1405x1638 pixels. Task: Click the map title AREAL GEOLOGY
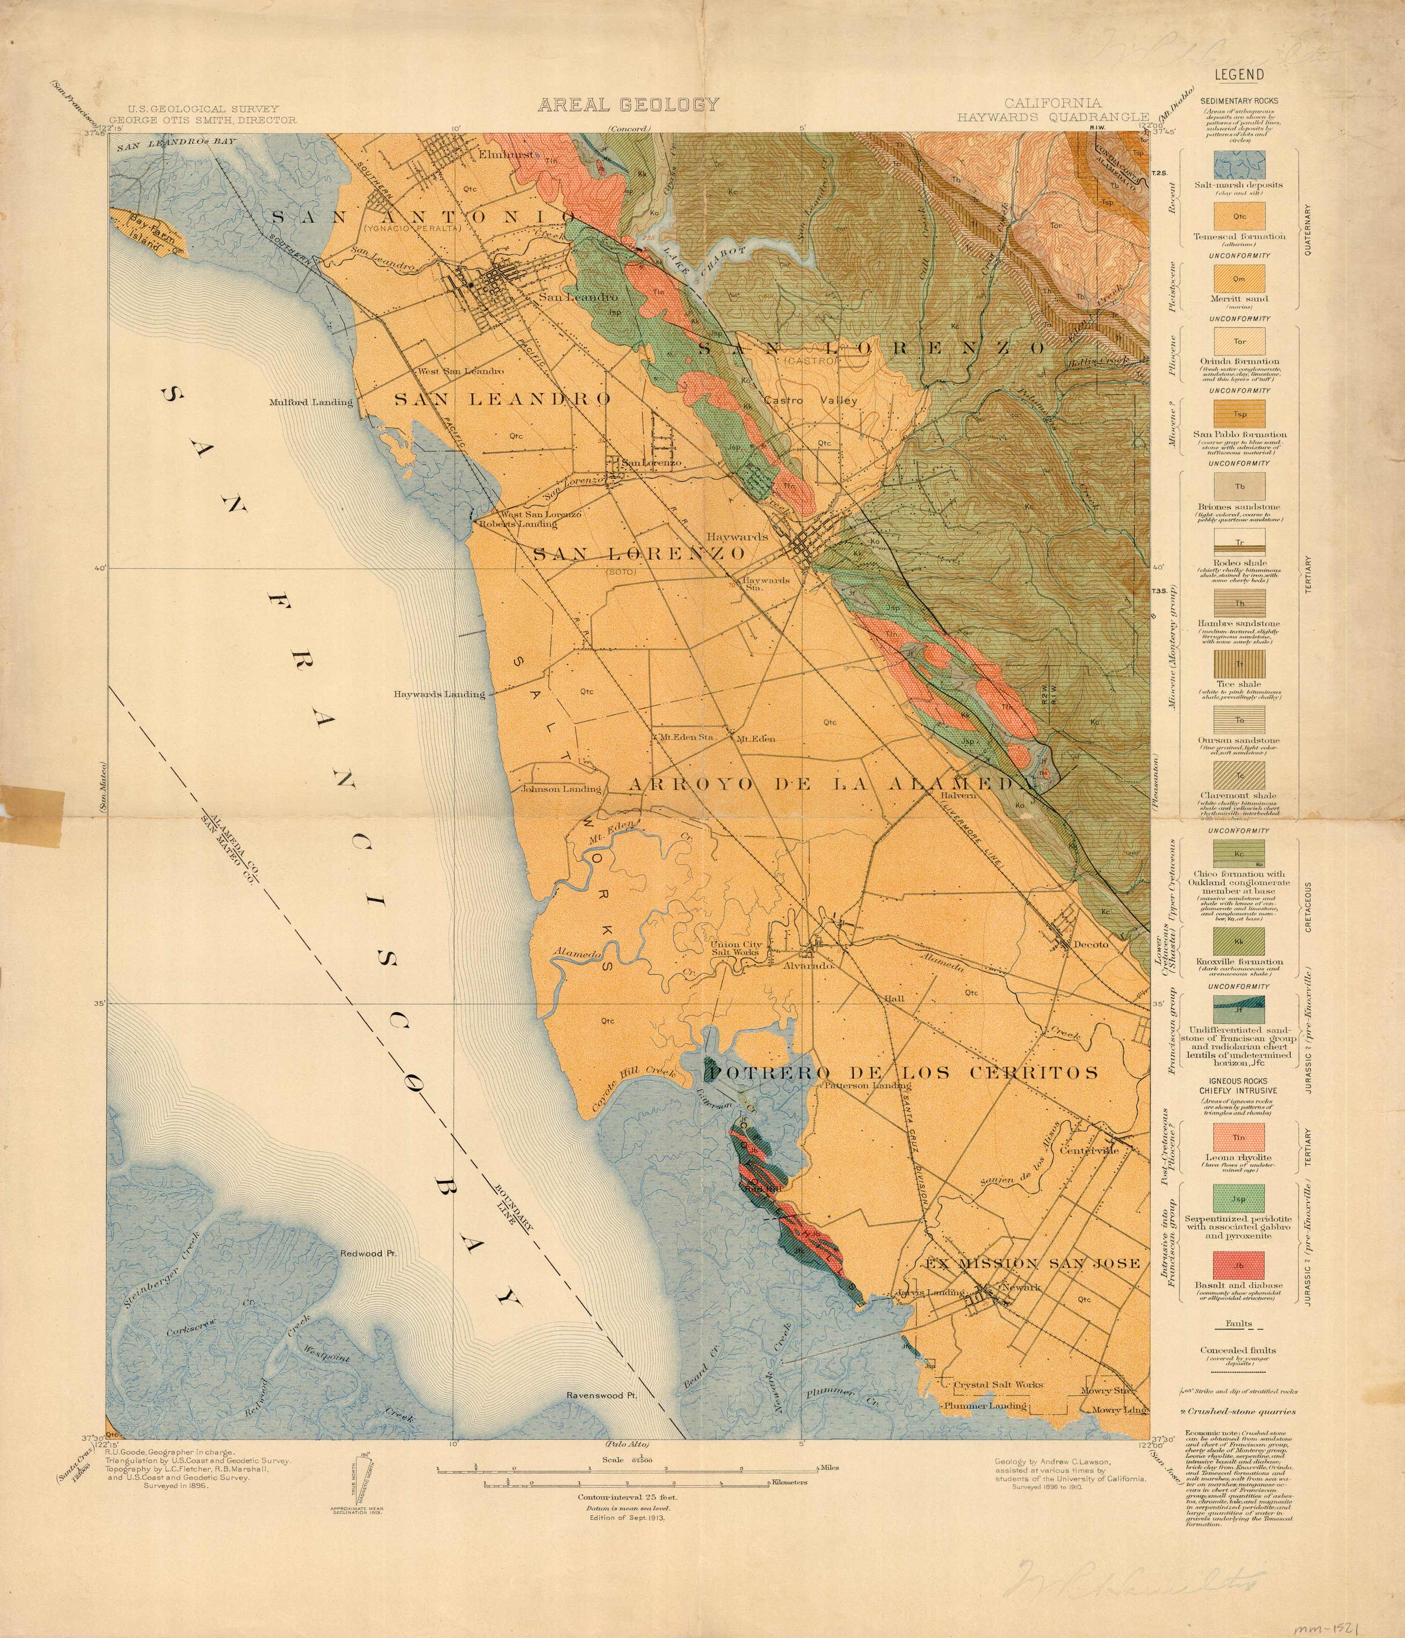[629, 104]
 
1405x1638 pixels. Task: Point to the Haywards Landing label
[440, 694]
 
